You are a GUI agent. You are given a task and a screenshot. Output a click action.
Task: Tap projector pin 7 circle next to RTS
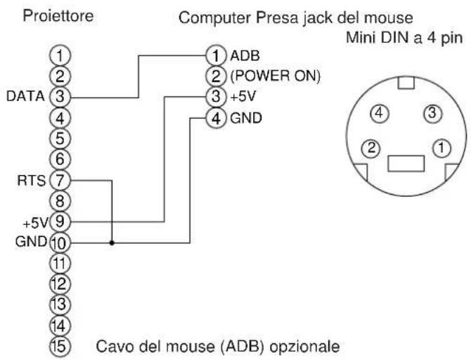(61, 181)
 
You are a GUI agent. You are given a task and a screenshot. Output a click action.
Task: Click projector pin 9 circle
(61, 221)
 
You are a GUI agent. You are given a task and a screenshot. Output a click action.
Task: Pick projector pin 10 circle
(61, 243)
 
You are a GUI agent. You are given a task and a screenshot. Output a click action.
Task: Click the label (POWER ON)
(273, 75)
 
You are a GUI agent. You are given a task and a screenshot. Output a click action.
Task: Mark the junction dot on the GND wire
(112, 243)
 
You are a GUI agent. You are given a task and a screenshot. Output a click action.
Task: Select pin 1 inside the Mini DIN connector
(441, 148)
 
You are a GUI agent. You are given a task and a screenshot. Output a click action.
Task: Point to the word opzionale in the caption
(307, 346)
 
